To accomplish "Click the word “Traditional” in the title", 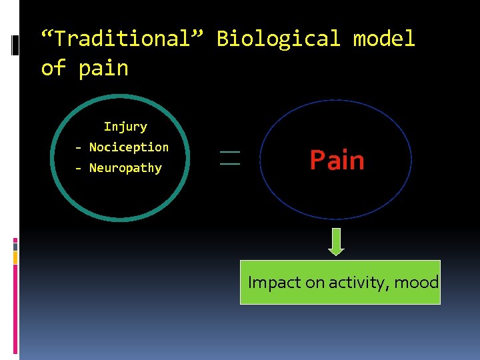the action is tap(124, 39).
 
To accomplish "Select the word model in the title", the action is tap(383, 39).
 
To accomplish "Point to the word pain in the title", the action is tap(103, 68).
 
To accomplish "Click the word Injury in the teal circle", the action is tap(125, 126).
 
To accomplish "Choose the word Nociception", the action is tap(129, 147).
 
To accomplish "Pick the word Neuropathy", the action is tap(125, 168).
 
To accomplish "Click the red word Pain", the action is tap(337, 161).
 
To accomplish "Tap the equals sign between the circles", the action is tap(229, 158).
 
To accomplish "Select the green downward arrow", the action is tap(336, 242).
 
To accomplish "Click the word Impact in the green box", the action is tap(274, 283).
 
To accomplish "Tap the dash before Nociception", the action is tap(79, 147).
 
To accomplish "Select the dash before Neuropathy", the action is tap(79, 169).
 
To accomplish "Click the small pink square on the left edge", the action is tap(15, 241).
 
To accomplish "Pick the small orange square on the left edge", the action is tap(15, 256).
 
